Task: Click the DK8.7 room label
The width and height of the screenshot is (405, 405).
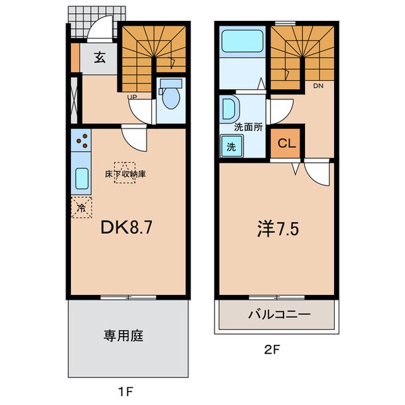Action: (x=129, y=228)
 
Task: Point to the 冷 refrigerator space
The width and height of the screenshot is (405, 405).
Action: (x=81, y=208)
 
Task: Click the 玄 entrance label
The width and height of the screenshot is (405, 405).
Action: (x=99, y=58)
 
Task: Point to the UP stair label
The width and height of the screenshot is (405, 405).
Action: (x=134, y=97)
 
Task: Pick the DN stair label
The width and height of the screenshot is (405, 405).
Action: (x=318, y=86)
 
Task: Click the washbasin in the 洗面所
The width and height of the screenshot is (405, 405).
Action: (x=228, y=108)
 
